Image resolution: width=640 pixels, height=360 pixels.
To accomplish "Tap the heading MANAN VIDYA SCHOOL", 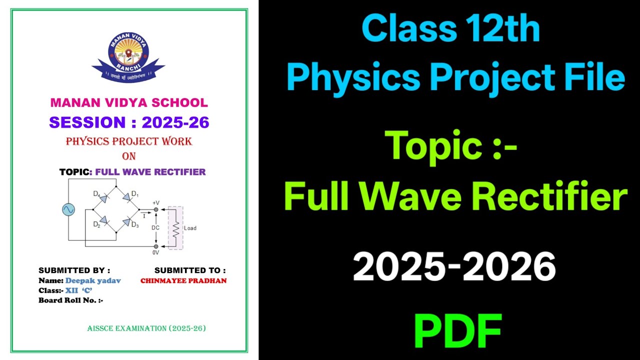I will tap(129, 103).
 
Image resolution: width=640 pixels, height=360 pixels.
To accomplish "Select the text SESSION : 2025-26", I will tap(129, 122).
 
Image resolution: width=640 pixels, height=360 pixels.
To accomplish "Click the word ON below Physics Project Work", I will tap(129, 156).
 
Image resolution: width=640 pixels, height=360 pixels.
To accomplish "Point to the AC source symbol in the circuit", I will tap(68, 209).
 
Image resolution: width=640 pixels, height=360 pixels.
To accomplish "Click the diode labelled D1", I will tap(126, 198).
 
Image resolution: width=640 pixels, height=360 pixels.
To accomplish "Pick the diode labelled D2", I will tap(103, 220).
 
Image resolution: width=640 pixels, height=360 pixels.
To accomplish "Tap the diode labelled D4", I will tap(103, 198).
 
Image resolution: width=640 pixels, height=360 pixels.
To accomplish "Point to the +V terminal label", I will tap(155, 202).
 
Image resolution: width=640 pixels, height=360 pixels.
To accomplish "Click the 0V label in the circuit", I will tap(155, 253).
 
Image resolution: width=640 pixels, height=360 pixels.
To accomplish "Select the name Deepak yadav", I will tap(93, 280).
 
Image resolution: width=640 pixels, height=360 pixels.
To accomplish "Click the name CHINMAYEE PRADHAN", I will tap(183, 280).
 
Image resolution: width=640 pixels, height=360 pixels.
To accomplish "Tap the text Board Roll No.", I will tap(70, 300).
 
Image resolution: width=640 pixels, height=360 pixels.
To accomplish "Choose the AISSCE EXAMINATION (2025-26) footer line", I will tap(146, 328).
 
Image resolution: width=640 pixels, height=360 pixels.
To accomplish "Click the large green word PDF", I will tap(457, 330).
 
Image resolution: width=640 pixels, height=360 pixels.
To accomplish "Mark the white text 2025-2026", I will tap(454, 266).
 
